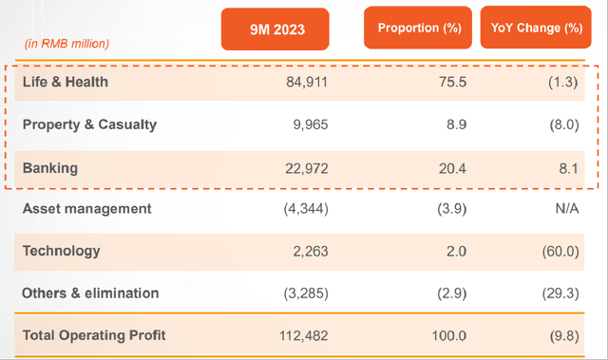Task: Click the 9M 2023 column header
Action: [x=275, y=29]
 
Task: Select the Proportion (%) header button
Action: [x=418, y=28]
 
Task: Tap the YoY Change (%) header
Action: [x=536, y=28]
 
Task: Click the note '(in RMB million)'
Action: [x=66, y=44]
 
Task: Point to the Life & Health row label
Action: [x=66, y=82]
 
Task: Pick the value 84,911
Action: [x=307, y=82]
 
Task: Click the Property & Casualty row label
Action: [x=89, y=124]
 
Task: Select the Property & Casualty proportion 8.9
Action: [x=456, y=124]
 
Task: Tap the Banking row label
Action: [x=50, y=168]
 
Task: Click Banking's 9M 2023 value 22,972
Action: [x=307, y=168]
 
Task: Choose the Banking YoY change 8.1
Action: [x=569, y=168]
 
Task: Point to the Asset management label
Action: [x=86, y=208]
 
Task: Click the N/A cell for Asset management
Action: [x=567, y=208]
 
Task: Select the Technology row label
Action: [x=61, y=251]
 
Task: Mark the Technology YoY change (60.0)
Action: [x=560, y=252]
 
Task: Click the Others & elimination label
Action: [x=90, y=293]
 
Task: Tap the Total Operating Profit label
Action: [x=94, y=335]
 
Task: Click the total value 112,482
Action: [x=304, y=335]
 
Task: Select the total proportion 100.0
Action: [x=449, y=335]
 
